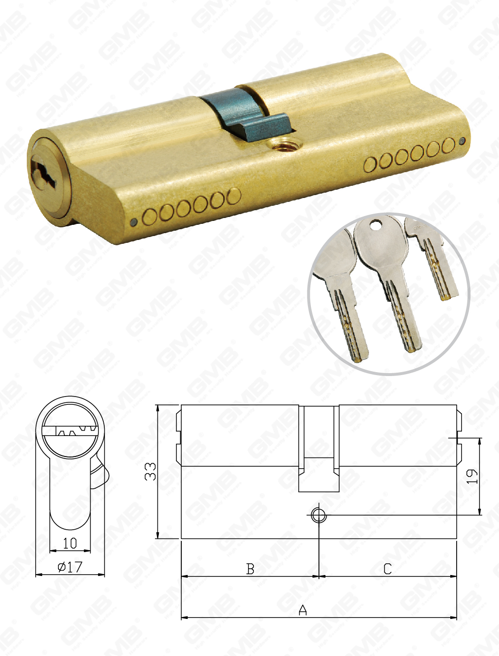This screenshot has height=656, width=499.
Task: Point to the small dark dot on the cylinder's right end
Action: coord(462,141)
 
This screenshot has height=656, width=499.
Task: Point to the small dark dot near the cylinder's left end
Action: coord(134,222)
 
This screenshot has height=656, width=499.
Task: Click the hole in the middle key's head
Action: coord(376,225)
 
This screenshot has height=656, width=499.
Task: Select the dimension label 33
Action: coord(151,472)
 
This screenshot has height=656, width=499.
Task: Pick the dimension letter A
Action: coord(303,610)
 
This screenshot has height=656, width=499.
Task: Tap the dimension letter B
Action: coord(250,569)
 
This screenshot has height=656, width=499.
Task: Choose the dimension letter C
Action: coord(387,569)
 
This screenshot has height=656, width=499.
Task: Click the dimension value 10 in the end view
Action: coord(70,543)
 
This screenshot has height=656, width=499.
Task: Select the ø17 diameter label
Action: coord(70,567)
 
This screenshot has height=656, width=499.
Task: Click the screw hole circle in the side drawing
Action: coord(319,515)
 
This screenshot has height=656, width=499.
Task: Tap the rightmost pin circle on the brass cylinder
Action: coord(448,146)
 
